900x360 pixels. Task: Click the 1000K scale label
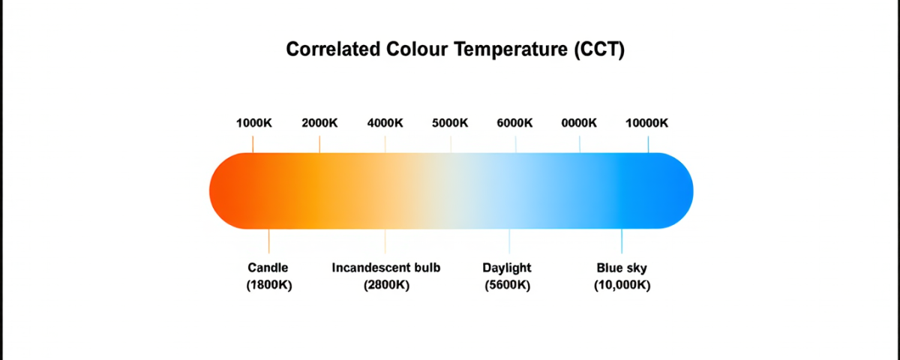253,124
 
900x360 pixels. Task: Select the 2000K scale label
319,124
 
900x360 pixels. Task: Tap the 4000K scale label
385,124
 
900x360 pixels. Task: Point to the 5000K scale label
451,124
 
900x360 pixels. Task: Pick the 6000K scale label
514,124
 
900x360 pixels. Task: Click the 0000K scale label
579,124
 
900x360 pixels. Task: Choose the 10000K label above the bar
646,124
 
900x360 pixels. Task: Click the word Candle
268,268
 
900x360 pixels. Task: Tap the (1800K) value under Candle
268,285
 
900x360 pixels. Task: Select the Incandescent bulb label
386,268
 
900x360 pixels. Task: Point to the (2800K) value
386,285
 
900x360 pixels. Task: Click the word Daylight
508,268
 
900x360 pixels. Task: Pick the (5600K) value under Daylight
508,285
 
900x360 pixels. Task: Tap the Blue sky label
622,268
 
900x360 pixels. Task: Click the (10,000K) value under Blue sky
622,285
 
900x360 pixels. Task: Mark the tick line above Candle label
268,241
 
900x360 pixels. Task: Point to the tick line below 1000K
253,143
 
